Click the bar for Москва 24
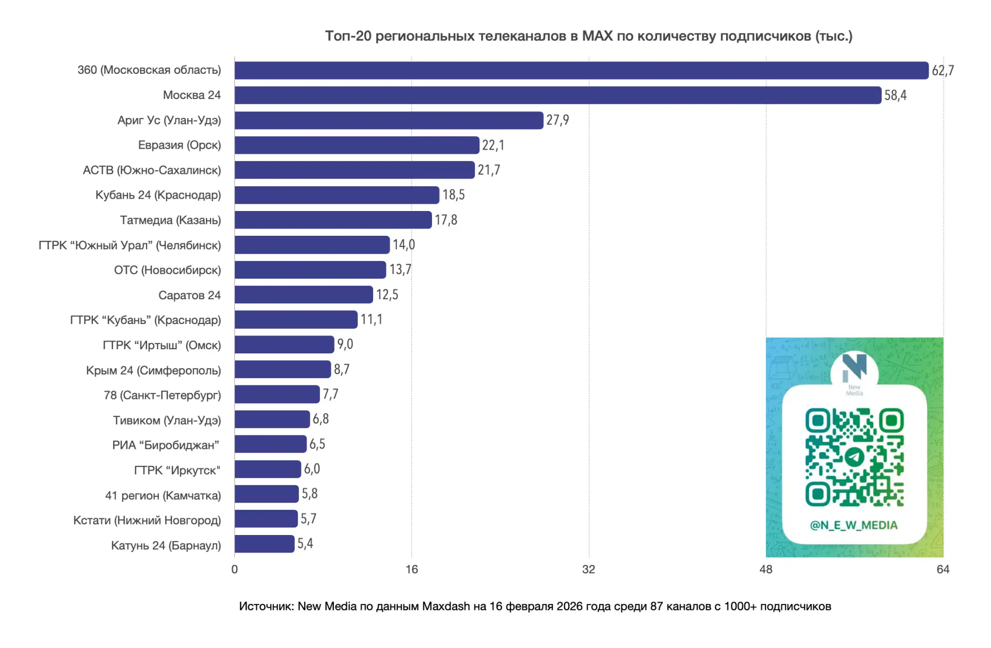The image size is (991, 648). pyautogui.click(x=557, y=95)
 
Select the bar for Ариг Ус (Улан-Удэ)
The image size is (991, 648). pyautogui.click(x=389, y=120)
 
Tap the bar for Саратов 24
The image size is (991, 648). pyautogui.click(x=303, y=295)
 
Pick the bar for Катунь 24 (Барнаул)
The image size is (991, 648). pyautogui.click(x=264, y=544)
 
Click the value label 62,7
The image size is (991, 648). pyautogui.click(x=942, y=71)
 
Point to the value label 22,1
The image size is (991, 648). pyautogui.click(x=493, y=145)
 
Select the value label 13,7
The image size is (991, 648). pyautogui.click(x=400, y=270)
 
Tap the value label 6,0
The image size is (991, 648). pyautogui.click(x=312, y=469)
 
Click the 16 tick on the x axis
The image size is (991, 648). pyautogui.click(x=411, y=570)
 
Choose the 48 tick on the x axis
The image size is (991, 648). pyautogui.click(x=766, y=570)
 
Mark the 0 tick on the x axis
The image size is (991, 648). pyautogui.click(x=234, y=570)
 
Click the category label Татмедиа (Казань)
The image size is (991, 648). pyautogui.click(x=170, y=220)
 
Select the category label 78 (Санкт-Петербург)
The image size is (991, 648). pyautogui.click(x=162, y=395)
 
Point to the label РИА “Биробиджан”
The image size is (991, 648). pyautogui.click(x=166, y=445)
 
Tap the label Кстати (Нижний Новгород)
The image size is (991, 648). pyautogui.click(x=147, y=520)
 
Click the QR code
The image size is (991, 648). pyautogui.click(x=854, y=457)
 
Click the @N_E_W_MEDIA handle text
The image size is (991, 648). pyautogui.click(x=854, y=525)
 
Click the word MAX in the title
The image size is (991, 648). pyautogui.click(x=597, y=36)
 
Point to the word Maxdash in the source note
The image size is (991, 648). pyautogui.click(x=446, y=606)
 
